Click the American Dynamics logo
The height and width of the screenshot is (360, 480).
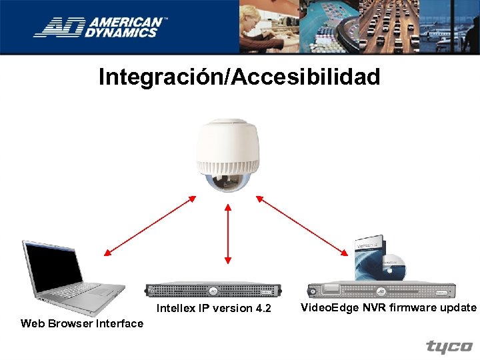pos(100,27)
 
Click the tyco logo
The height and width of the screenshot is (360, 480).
pos(449,347)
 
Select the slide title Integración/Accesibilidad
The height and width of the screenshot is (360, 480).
pos(239,77)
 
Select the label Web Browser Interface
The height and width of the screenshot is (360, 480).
pos(82,323)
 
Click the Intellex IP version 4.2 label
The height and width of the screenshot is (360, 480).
pos(213,308)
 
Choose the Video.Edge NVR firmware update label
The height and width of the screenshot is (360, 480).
pos(389,307)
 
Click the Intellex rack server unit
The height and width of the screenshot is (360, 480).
pos(213,291)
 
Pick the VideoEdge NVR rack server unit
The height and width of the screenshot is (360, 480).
pos(381,291)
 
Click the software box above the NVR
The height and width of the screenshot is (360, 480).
pos(369,257)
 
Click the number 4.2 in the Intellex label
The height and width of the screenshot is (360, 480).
pos(263,308)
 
